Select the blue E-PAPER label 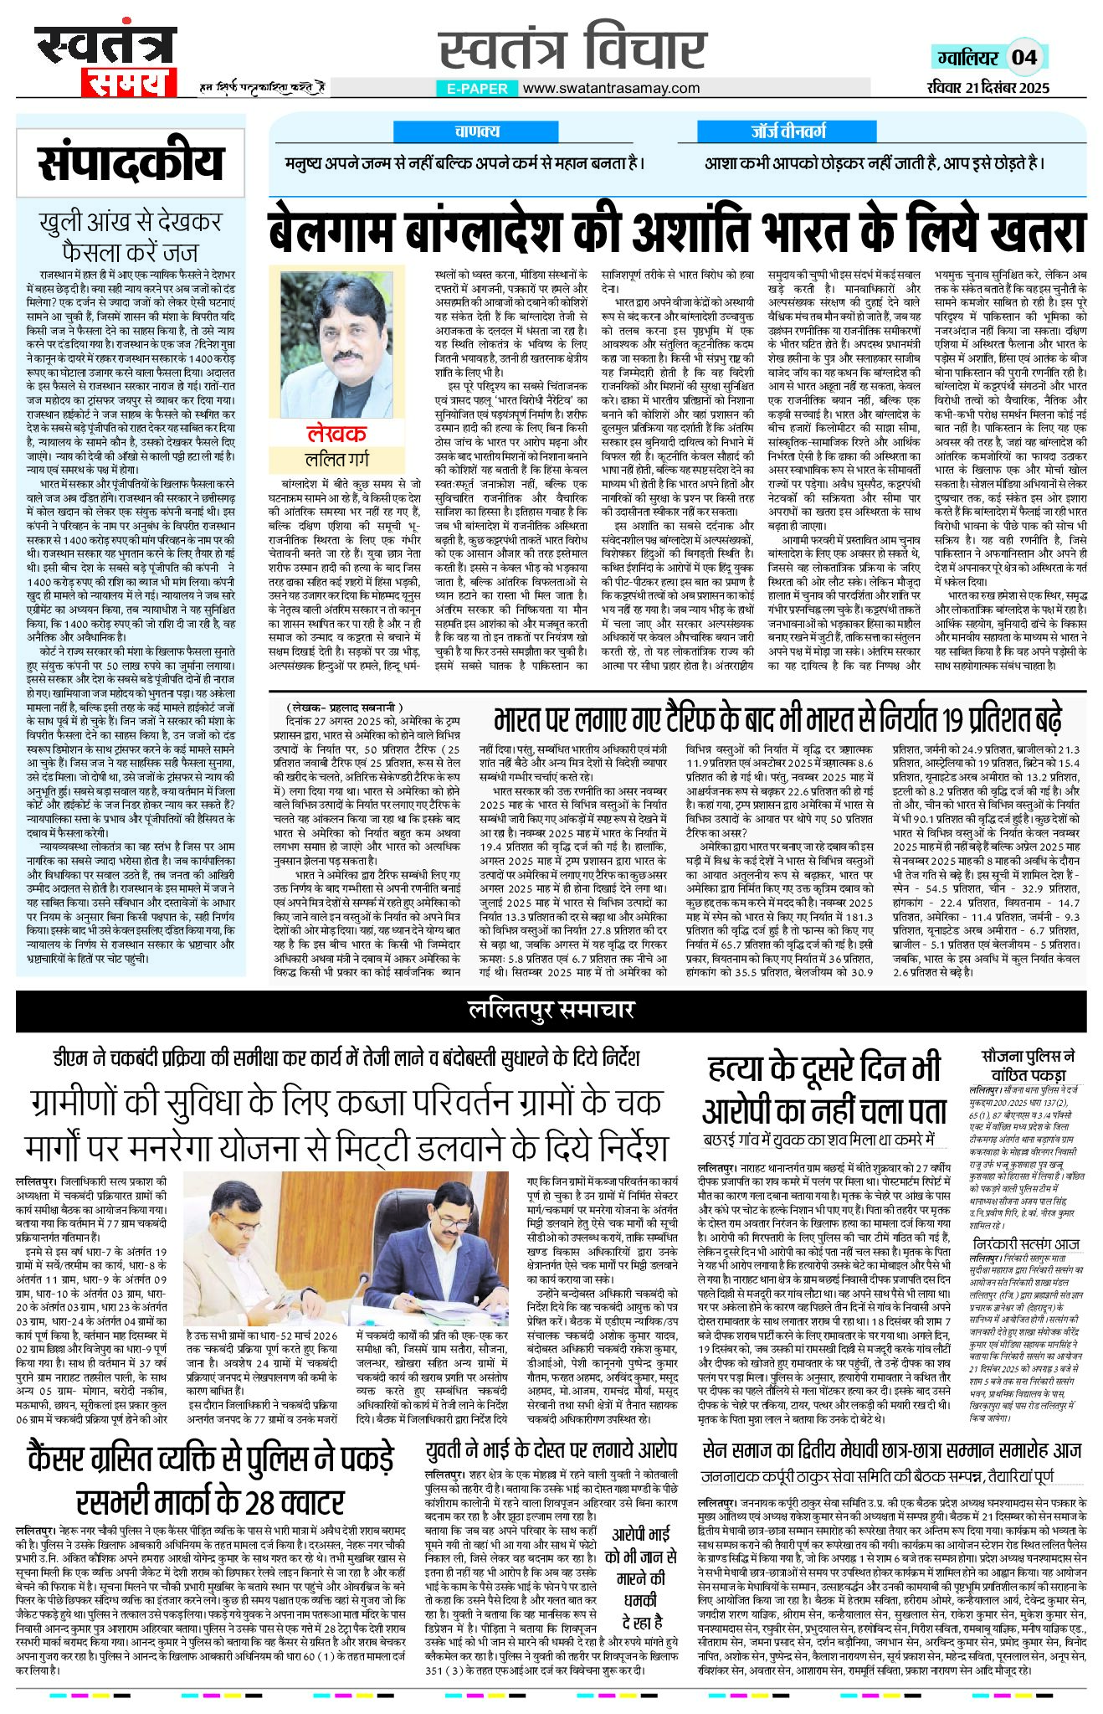pyautogui.click(x=476, y=89)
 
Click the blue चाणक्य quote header pyautogui.click(x=477, y=131)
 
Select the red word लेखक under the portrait pyautogui.click(x=336, y=434)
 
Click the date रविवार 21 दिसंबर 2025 pyautogui.click(x=988, y=88)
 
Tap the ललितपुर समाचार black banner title pyautogui.click(x=551, y=1011)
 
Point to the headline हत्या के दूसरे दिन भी pyautogui.click(x=824, y=1070)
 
